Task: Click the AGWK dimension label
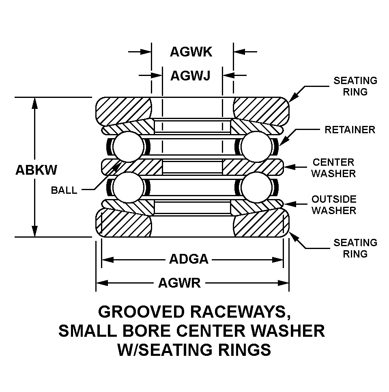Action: point(191,52)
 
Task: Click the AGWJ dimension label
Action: point(190,76)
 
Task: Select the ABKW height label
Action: point(36,169)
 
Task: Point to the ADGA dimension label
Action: point(189,259)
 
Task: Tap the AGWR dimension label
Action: point(179,283)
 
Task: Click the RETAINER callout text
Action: point(350,130)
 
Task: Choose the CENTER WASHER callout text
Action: point(333,168)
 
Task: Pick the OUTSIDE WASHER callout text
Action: point(334,205)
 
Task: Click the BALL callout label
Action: point(64,190)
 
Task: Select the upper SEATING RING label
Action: point(355,86)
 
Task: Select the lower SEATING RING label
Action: point(355,248)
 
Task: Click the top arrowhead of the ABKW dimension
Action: point(35,102)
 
